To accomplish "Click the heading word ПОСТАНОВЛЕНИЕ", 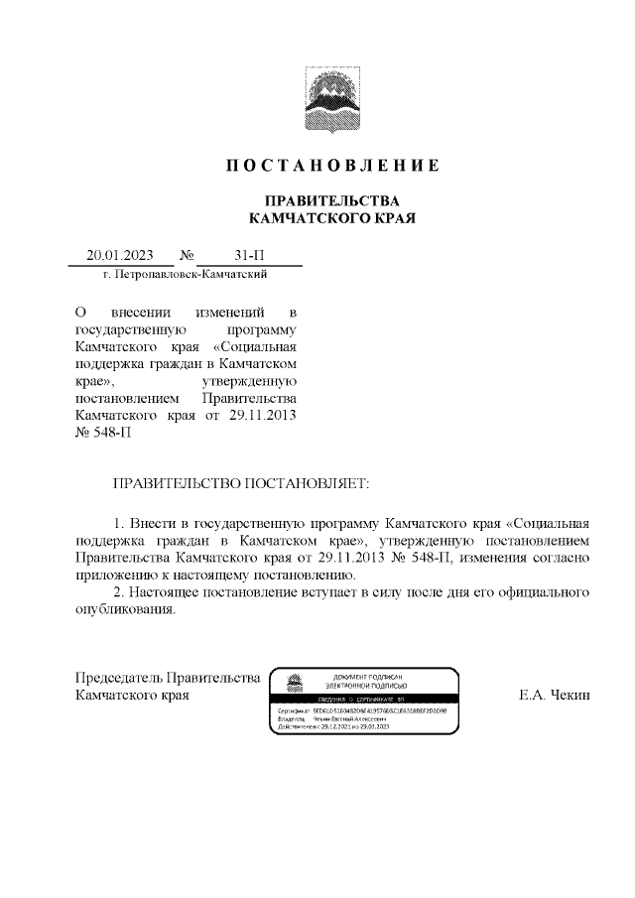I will [330, 165].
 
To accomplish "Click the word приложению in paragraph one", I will [120, 575].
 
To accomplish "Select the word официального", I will [540, 592].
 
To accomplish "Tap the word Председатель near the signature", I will [119, 678].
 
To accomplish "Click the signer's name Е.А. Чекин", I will [554, 696].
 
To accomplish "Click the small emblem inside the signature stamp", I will [292, 684].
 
